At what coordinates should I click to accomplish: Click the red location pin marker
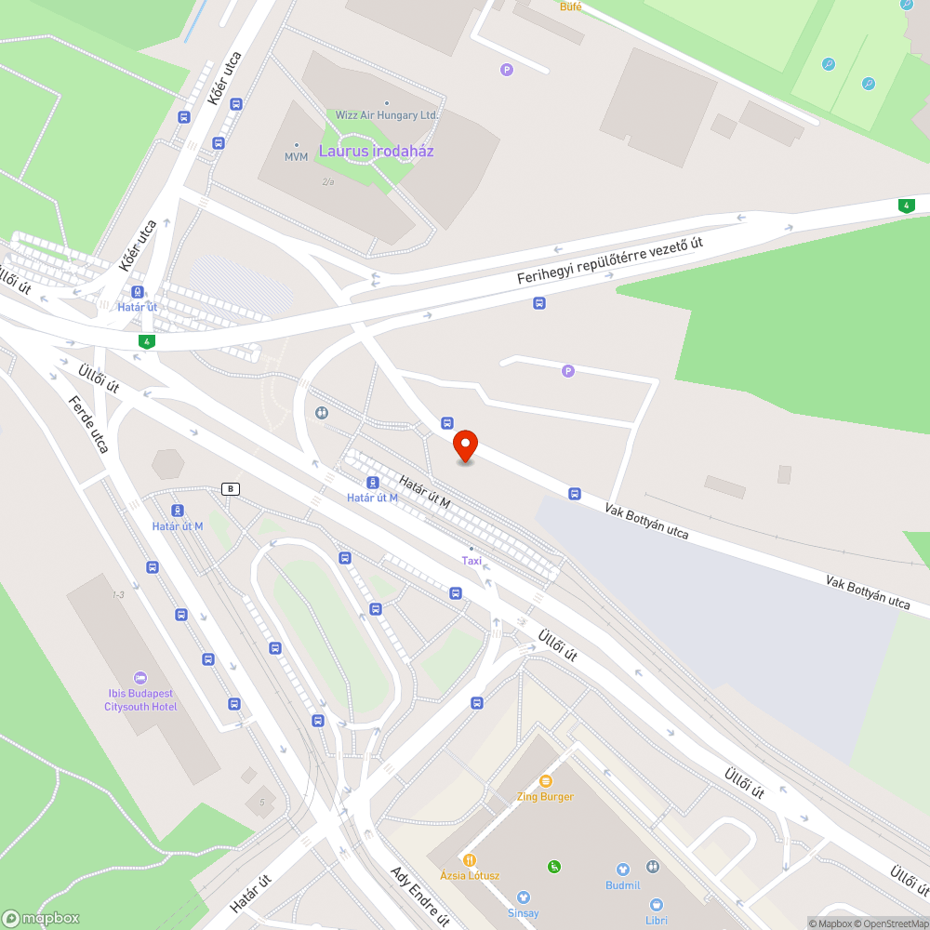(x=465, y=446)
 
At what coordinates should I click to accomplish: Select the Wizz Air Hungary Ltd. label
(x=387, y=114)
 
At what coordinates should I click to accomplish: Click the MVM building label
(x=296, y=156)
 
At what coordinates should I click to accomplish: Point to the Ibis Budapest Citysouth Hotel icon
(x=140, y=677)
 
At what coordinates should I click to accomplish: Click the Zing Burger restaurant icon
(x=545, y=781)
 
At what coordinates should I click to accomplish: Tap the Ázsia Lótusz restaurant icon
(x=470, y=859)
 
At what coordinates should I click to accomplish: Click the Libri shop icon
(x=657, y=904)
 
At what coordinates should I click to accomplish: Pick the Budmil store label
(x=622, y=885)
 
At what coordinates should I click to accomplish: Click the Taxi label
(x=472, y=560)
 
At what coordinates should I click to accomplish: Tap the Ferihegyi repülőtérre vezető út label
(x=610, y=261)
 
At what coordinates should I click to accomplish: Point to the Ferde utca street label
(x=89, y=425)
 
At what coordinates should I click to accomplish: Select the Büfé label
(x=570, y=7)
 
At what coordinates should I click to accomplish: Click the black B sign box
(x=231, y=488)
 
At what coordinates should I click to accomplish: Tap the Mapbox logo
(x=41, y=918)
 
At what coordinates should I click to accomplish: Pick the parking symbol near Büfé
(x=507, y=69)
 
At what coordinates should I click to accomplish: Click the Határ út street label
(x=250, y=893)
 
